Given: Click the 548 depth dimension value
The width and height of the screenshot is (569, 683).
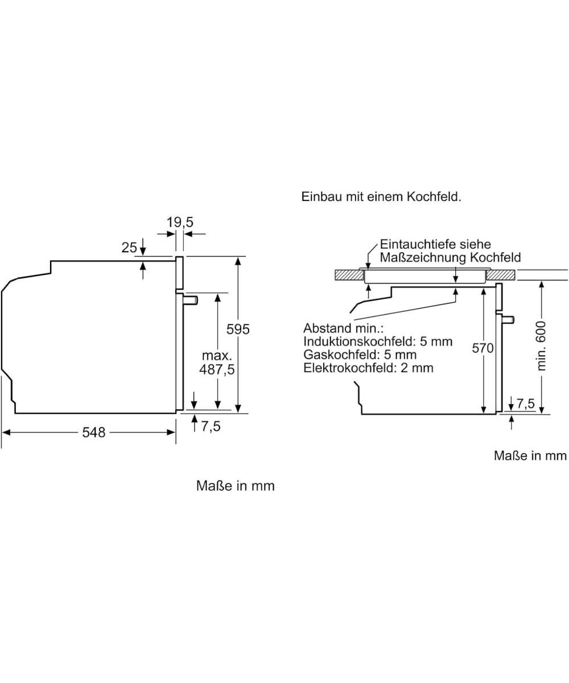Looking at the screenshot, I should tap(94, 433).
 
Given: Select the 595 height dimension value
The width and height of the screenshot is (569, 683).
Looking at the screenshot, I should tap(238, 329).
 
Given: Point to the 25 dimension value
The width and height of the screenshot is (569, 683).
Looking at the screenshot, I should tap(129, 247).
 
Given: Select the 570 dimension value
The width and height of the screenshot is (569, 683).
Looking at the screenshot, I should tap(483, 348).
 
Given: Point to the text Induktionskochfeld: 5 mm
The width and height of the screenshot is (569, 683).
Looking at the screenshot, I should tap(378, 341).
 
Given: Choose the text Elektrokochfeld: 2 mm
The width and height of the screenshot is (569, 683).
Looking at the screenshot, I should tap(368, 368).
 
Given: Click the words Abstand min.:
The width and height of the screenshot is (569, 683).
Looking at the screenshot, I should tap(344, 328).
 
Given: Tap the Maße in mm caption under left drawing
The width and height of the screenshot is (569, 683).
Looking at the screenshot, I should tap(235, 486).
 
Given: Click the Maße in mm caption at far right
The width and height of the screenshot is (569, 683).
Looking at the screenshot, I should tap(530, 455).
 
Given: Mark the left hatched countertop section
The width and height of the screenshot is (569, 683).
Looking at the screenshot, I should tap(348, 275).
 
